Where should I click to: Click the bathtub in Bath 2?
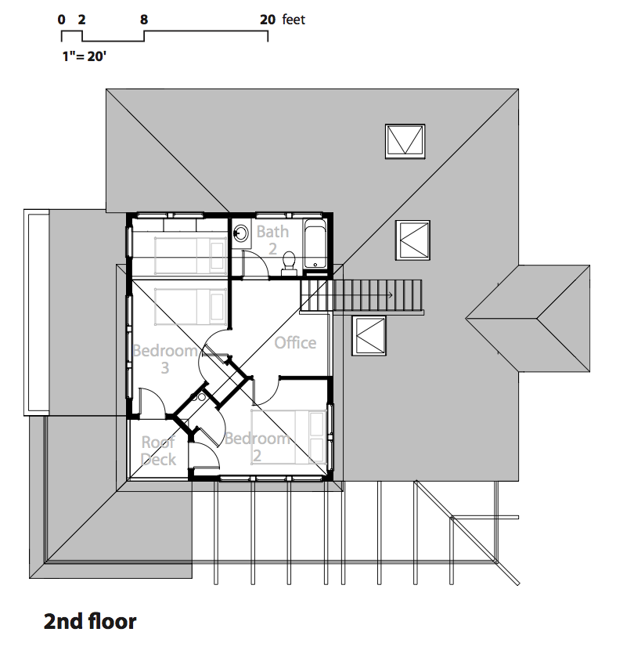[315, 244]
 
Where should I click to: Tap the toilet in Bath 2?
[289, 263]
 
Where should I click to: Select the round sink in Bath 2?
[241, 233]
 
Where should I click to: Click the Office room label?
[295, 343]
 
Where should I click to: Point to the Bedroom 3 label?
[164, 359]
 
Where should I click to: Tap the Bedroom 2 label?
[257, 447]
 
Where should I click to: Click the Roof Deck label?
[158, 450]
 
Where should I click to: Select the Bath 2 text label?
[272, 240]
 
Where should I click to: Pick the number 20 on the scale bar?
[268, 20]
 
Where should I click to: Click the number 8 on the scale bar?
[144, 20]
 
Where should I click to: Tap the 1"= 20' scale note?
[85, 56]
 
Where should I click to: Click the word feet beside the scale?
[294, 20]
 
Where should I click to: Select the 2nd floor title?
[90, 621]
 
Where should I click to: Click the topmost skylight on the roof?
[405, 141]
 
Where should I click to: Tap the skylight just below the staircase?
[369, 335]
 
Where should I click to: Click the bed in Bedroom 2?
[289, 437]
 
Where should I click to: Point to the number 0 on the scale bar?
[62, 20]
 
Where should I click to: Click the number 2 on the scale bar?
[81, 20]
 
